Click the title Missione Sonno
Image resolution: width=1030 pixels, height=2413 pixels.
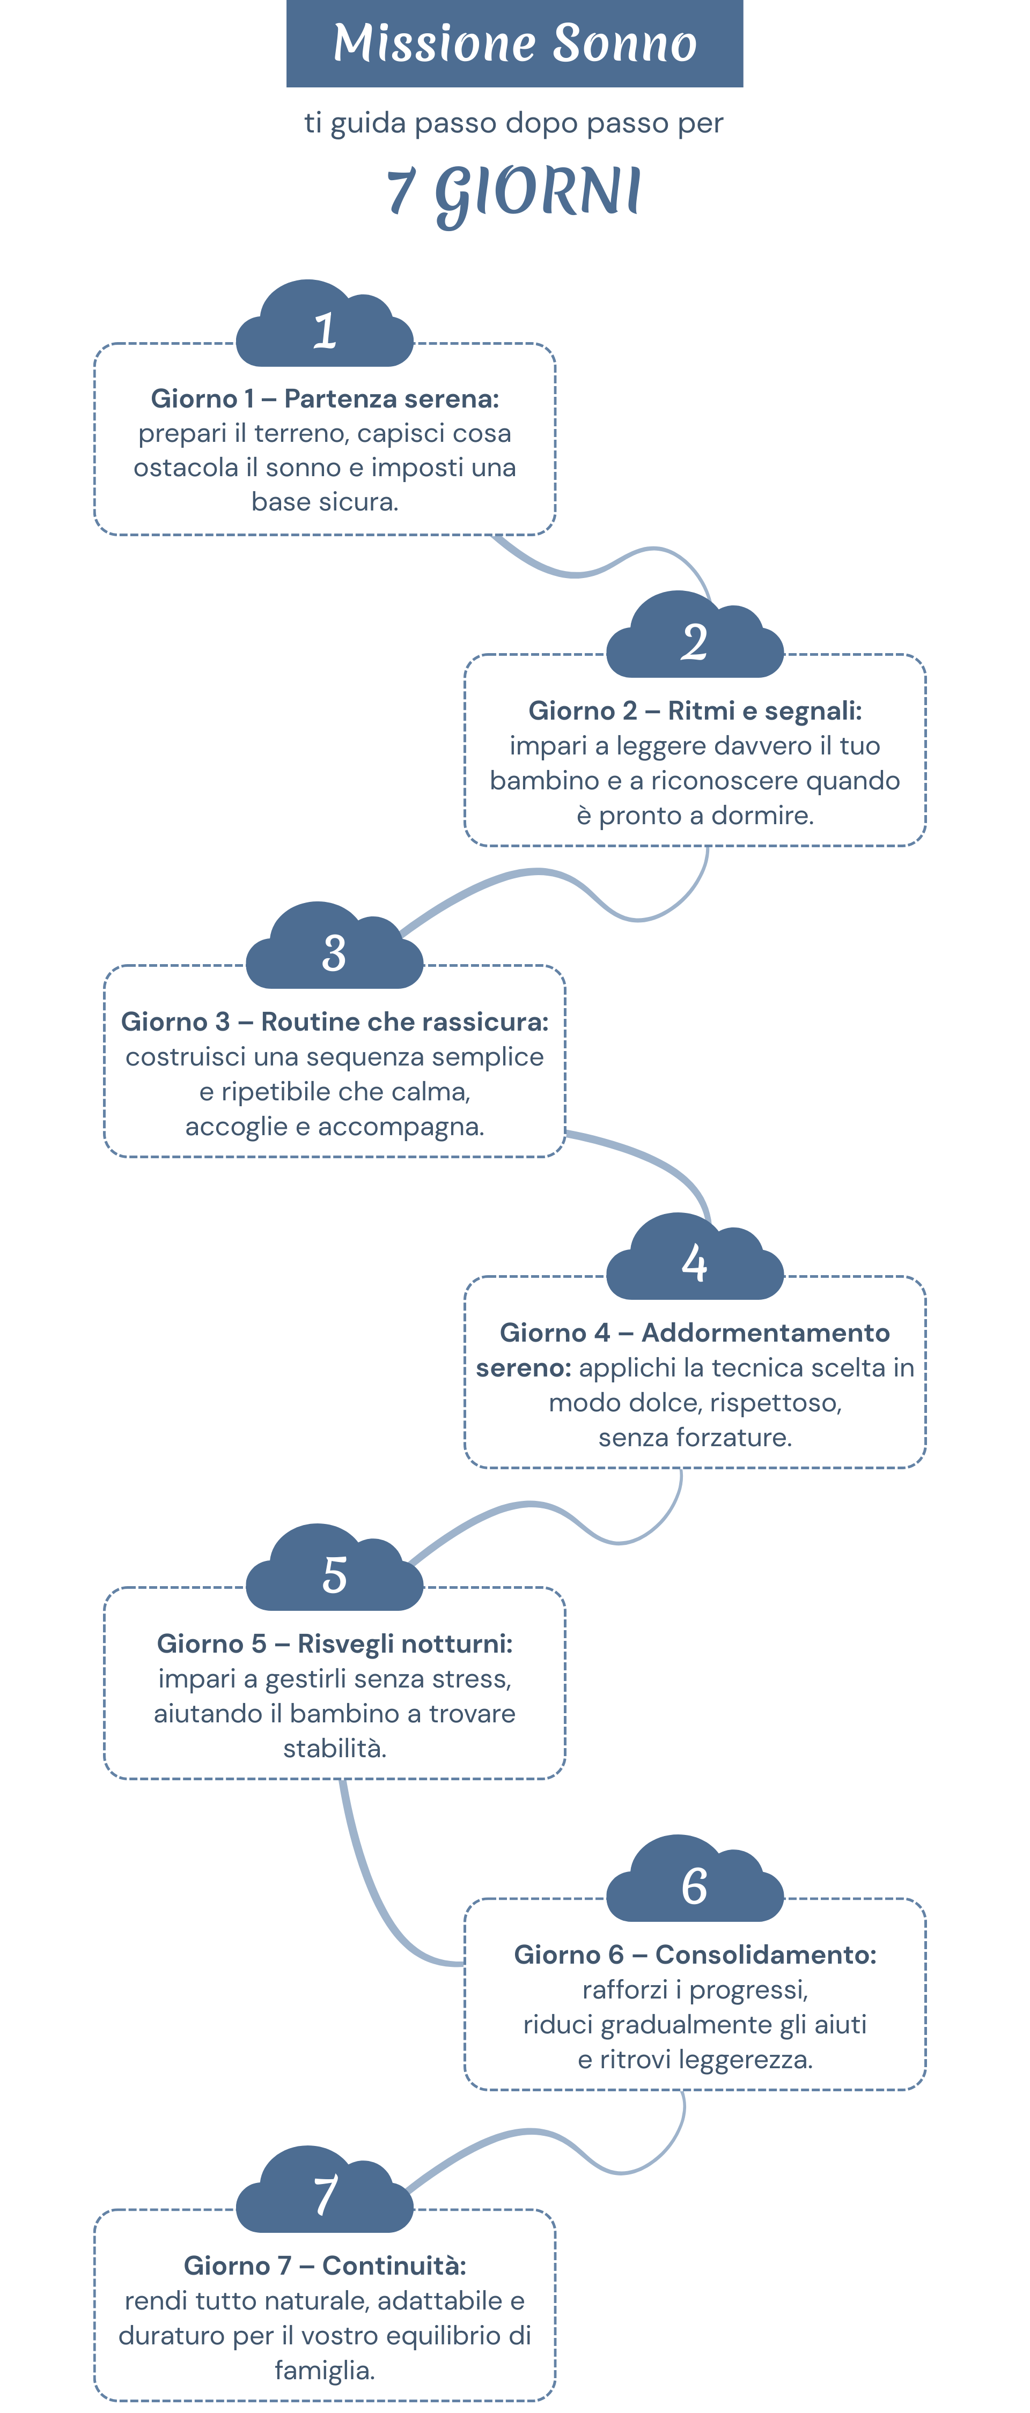click(x=514, y=43)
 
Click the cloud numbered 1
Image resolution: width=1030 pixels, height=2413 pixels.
click(x=324, y=328)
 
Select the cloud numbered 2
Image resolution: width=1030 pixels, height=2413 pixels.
click(x=695, y=640)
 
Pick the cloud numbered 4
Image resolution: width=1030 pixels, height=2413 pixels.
click(x=695, y=1262)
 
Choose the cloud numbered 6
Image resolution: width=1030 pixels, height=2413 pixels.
click(x=695, y=1884)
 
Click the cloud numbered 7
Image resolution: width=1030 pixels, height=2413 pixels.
click(x=324, y=2195)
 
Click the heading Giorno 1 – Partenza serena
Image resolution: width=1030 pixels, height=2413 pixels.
click(x=324, y=399)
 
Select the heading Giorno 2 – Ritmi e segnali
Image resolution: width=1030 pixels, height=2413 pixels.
click(x=695, y=711)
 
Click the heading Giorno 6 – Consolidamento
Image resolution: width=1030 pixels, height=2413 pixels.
click(x=695, y=1955)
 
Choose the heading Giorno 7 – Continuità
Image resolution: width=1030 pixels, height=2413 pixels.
click(x=324, y=2266)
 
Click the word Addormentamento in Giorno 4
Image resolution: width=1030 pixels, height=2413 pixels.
click(x=765, y=1333)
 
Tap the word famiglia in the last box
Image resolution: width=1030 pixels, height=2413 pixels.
click(x=324, y=2371)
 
